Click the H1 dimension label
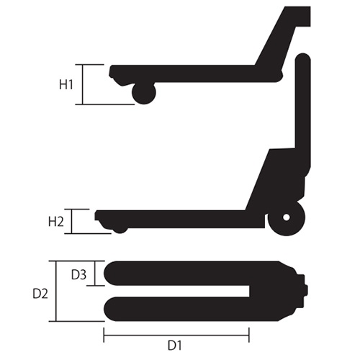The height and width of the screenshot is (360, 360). [x=66, y=85]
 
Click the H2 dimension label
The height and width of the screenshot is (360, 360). [x=56, y=222]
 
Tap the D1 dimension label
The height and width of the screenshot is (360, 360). [x=174, y=346]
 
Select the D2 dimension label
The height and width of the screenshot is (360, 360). [x=40, y=294]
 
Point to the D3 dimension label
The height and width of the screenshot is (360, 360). [x=79, y=275]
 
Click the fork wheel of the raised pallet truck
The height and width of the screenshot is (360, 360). [x=144, y=93]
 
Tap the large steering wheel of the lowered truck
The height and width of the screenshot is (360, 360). [x=287, y=217]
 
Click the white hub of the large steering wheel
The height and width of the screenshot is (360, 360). [x=287, y=217]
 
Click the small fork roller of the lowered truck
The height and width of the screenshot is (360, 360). [x=120, y=229]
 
